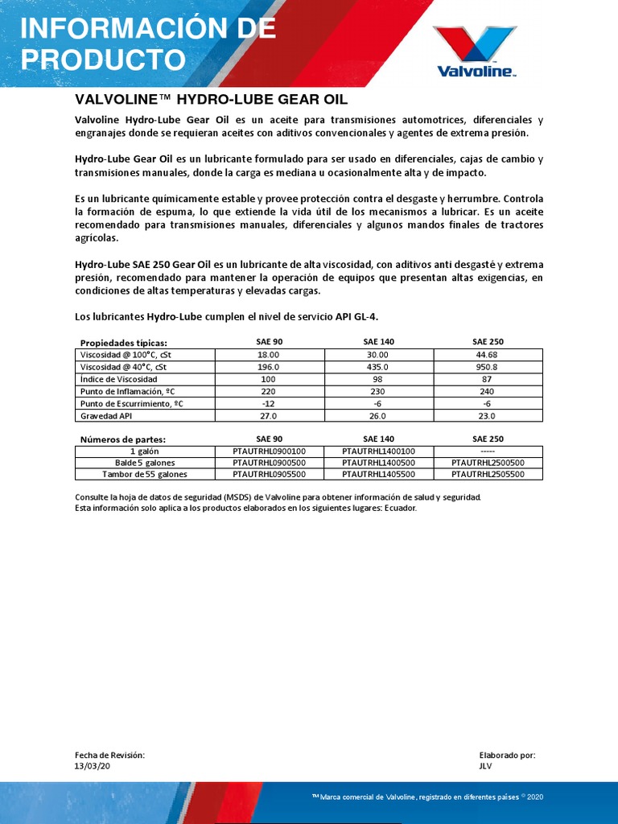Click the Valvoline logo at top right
pyautogui.click(x=475, y=51)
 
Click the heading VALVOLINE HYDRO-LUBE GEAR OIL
pyautogui.click(x=211, y=100)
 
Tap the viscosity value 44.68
pyautogui.click(x=488, y=355)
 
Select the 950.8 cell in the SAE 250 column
pyautogui.click(x=488, y=367)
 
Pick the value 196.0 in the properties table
pyautogui.click(x=268, y=367)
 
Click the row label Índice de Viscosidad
pyautogui.click(x=119, y=379)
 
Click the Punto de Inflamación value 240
pyautogui.click(x=488, y=391)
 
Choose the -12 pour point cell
pyautogui.click(x=268, y=404)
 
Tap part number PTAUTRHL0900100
pyautogui.click(x=268, y=451)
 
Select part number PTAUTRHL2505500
pyautogui.click(x=488, y=475)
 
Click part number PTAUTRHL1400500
pyautogui.click(x=378, y=463)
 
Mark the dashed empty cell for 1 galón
pyautogui.click(x=488, y=451)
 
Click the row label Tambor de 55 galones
pyautogui.click(x=145, y=475)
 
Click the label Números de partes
pyautogui.click(x=123, y=439)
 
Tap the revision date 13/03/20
pyautogui.click(x=91, y=766)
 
